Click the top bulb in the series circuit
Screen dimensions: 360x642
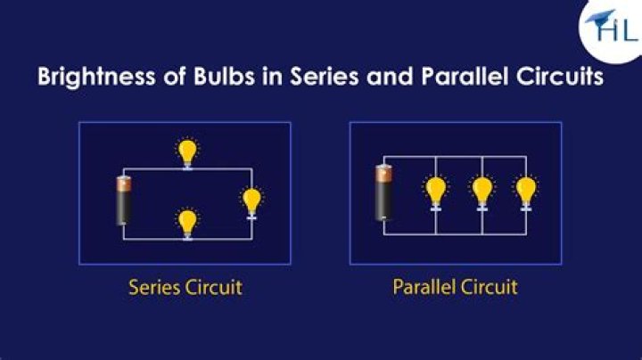click(x=186, y=151)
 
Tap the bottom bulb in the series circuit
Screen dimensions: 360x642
click(x=186, y=221)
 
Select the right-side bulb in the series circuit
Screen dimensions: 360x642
click(x=252, y=201)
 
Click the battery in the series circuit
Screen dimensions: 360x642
click(x=123, y=201)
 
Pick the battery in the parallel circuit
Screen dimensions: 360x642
click(x=384, y=192)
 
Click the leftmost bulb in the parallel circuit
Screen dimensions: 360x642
click(x=435, y=191)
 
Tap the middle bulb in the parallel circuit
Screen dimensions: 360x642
click(x=481, y=191)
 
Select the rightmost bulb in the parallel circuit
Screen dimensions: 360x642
click(x=526, y=191)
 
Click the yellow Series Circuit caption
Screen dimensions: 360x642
click(x=185, y=288)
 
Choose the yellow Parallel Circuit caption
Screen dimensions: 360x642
click(x=455, y=288)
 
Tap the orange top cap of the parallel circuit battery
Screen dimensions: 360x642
click(x=384, y=172)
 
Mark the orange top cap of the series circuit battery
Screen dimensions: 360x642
click(x=123, y=184)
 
